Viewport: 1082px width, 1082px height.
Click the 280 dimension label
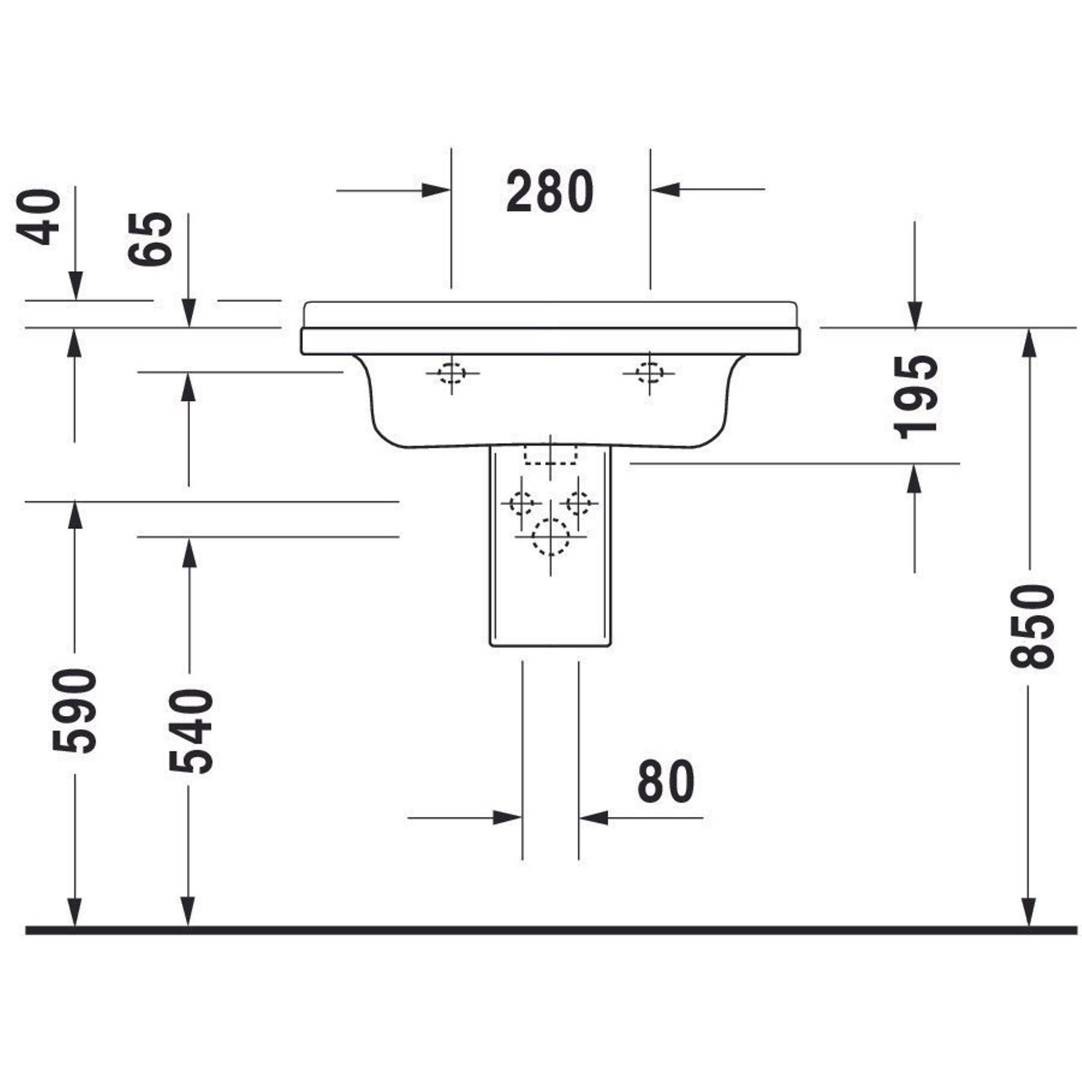click(x=550, y=192)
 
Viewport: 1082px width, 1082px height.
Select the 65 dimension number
click(x=150, y=239)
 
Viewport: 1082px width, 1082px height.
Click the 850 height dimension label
click(x=1032, y=626)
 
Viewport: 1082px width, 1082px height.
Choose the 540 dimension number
click(x=191, y=732)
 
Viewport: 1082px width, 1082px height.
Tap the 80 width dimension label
click(x=666, y=782)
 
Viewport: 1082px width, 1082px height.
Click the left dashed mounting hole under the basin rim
click(x=451, y=372)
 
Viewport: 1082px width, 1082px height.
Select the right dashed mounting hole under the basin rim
click(x=650, y=372)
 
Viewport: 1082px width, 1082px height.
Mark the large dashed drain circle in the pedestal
click(x=551, y=537)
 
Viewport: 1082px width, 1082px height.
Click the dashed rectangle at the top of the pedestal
click(x=551, y=455)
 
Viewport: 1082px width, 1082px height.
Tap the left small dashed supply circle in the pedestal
click(x=522, y=503)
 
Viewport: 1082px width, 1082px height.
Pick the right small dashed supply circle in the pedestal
click(x=579, y=503)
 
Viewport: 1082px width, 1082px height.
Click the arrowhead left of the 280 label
click(x=436, y=190)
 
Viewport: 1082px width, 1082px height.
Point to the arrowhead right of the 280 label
click(x=665, y=189)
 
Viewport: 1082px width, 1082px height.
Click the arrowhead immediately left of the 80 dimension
click(x=507, y=817)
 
